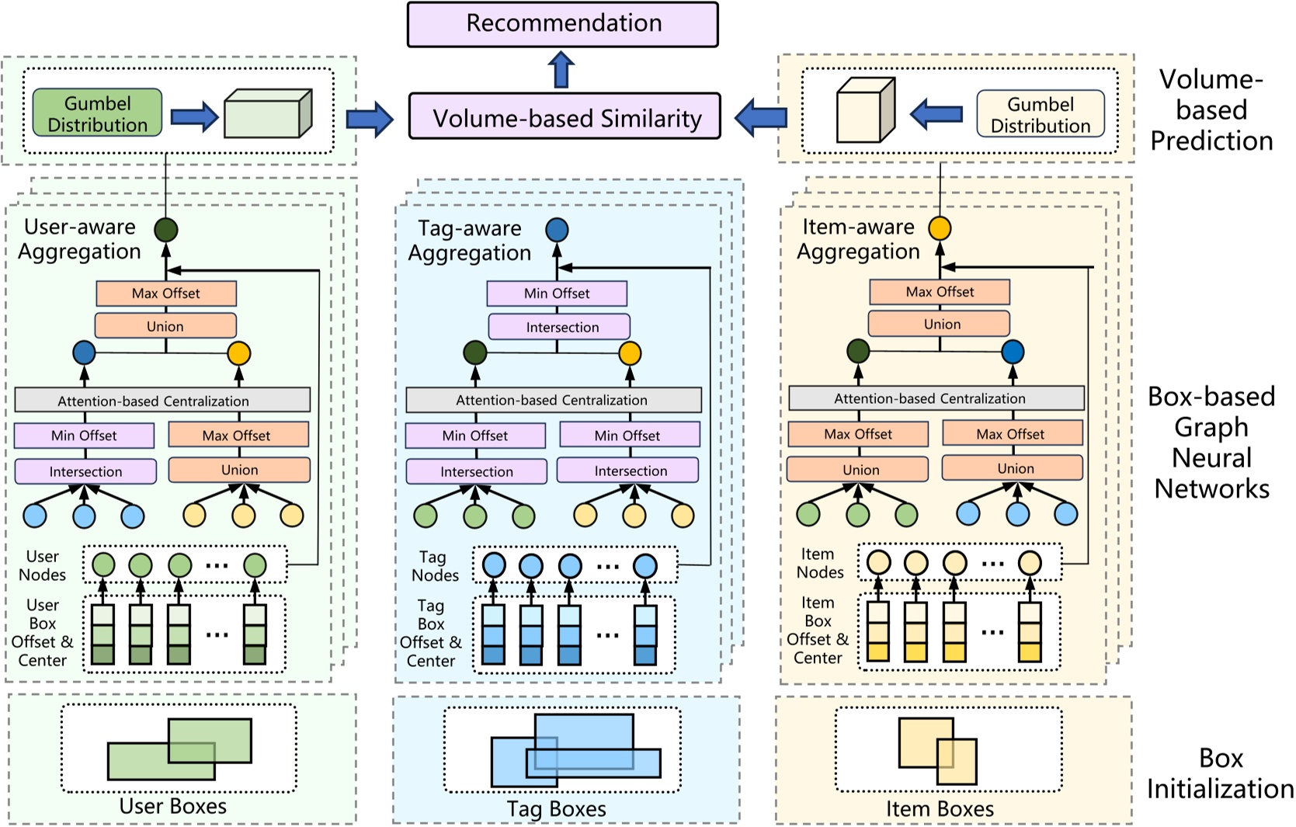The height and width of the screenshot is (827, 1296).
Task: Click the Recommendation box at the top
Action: point(562,24)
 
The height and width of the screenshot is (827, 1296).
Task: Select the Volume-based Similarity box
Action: point(565,117)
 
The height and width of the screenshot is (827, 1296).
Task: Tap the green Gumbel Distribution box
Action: point(97,113)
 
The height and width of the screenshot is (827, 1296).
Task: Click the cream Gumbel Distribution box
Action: point(1040,114)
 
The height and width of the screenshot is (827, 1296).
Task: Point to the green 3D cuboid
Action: point(267,114)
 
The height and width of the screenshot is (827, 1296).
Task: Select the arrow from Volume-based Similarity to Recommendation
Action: point(561,70)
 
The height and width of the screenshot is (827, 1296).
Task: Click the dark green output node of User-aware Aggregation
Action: point(165,230)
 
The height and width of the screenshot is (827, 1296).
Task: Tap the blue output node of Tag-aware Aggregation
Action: point(557,230)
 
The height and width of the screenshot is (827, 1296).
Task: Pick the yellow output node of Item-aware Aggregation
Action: point(940,228)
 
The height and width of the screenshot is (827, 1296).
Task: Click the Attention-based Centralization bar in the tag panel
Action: point(553,400)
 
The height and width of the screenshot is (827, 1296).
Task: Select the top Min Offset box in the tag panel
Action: point(557,294)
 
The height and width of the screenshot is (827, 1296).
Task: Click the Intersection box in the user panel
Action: point(85,471)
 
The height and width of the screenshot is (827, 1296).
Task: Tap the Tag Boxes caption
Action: point(556,809)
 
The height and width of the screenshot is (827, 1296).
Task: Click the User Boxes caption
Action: point(172,807)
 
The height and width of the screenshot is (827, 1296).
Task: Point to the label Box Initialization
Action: point(1219,773)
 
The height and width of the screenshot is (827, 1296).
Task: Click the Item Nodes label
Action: point(819,564)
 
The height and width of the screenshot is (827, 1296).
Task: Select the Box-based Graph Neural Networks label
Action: point(1211,443)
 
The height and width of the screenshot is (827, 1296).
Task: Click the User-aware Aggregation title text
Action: point(79,239)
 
